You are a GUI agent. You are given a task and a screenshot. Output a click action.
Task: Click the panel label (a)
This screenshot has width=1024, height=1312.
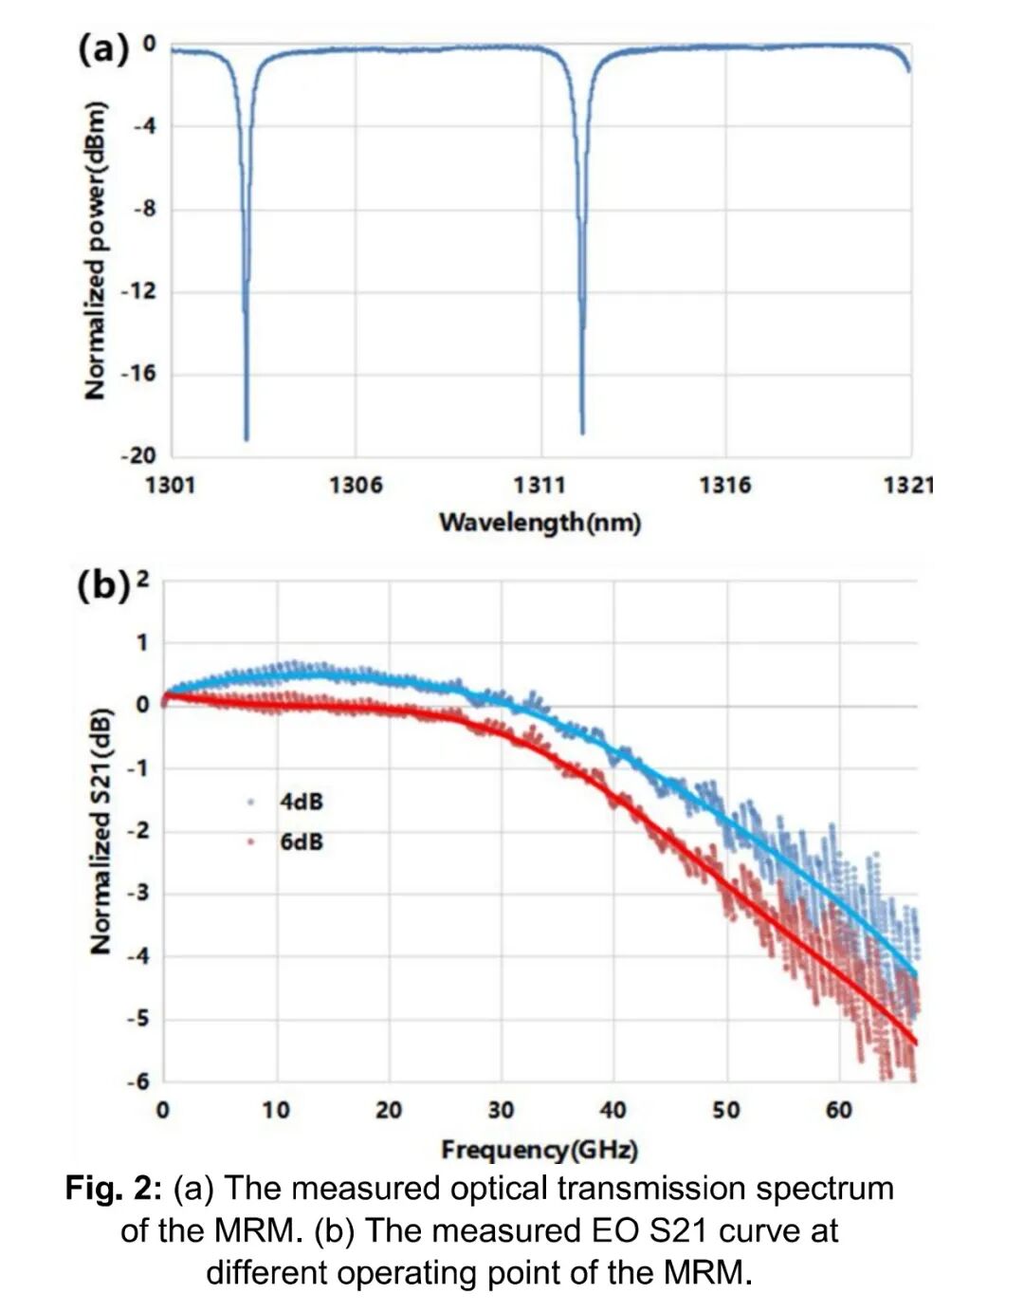(102, 47)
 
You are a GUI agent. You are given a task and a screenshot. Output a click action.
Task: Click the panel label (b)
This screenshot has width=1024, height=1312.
(102, 585)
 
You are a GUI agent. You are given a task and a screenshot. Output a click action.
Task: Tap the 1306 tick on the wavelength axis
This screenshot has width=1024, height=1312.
(356, 486)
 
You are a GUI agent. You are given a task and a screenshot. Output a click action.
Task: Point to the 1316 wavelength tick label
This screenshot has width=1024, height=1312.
(725, 486)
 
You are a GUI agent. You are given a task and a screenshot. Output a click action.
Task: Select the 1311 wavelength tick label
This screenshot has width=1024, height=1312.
(539, 486)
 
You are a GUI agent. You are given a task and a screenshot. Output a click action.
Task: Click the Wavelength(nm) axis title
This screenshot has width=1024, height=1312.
(539, 522)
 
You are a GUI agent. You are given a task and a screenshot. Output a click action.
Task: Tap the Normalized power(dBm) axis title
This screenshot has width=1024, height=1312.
(95, 250)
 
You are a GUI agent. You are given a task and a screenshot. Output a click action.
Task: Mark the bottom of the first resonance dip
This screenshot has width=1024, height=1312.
(247, 438)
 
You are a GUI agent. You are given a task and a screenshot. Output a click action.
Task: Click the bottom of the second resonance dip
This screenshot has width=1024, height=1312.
(582, 433)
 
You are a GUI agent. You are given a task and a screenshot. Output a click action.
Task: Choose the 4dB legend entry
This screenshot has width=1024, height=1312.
(301, 802)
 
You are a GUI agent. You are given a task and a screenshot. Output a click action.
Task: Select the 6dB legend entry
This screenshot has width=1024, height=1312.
(301, 841)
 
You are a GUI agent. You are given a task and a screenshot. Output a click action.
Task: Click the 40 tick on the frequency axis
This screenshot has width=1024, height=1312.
(613, 1110)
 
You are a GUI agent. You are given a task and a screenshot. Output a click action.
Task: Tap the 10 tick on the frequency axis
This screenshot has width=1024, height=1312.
(276, 1110)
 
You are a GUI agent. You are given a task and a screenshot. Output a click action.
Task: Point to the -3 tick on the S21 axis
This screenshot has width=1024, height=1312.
(140, 893)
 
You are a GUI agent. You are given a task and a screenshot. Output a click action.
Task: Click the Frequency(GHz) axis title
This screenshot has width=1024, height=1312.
(539, 1150)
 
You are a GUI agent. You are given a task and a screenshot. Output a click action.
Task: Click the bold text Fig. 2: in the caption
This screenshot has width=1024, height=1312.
(115, 1189)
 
